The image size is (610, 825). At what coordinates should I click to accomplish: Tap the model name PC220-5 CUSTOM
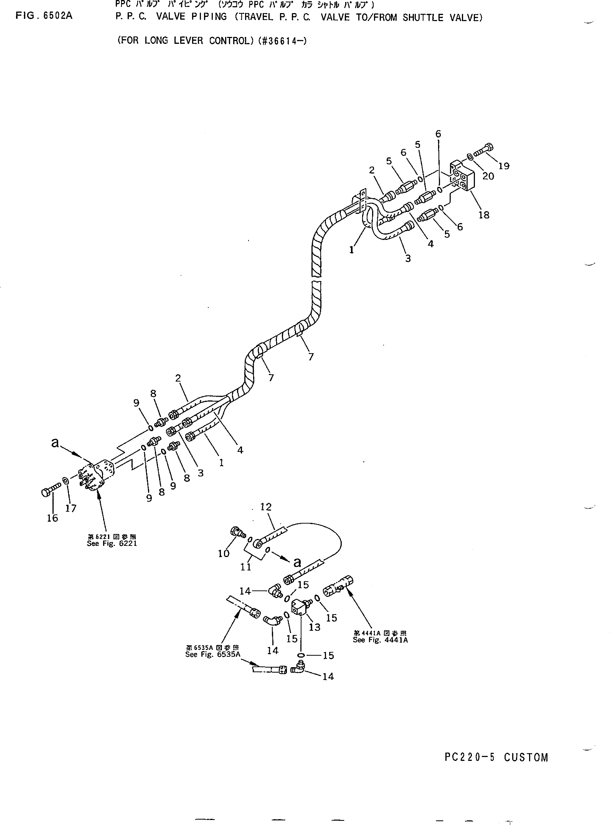496,758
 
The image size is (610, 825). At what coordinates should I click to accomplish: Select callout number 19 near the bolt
504,166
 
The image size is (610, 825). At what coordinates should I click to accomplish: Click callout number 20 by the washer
488,176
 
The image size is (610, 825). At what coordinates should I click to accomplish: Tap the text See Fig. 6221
112,544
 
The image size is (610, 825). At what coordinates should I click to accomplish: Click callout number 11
246,567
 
